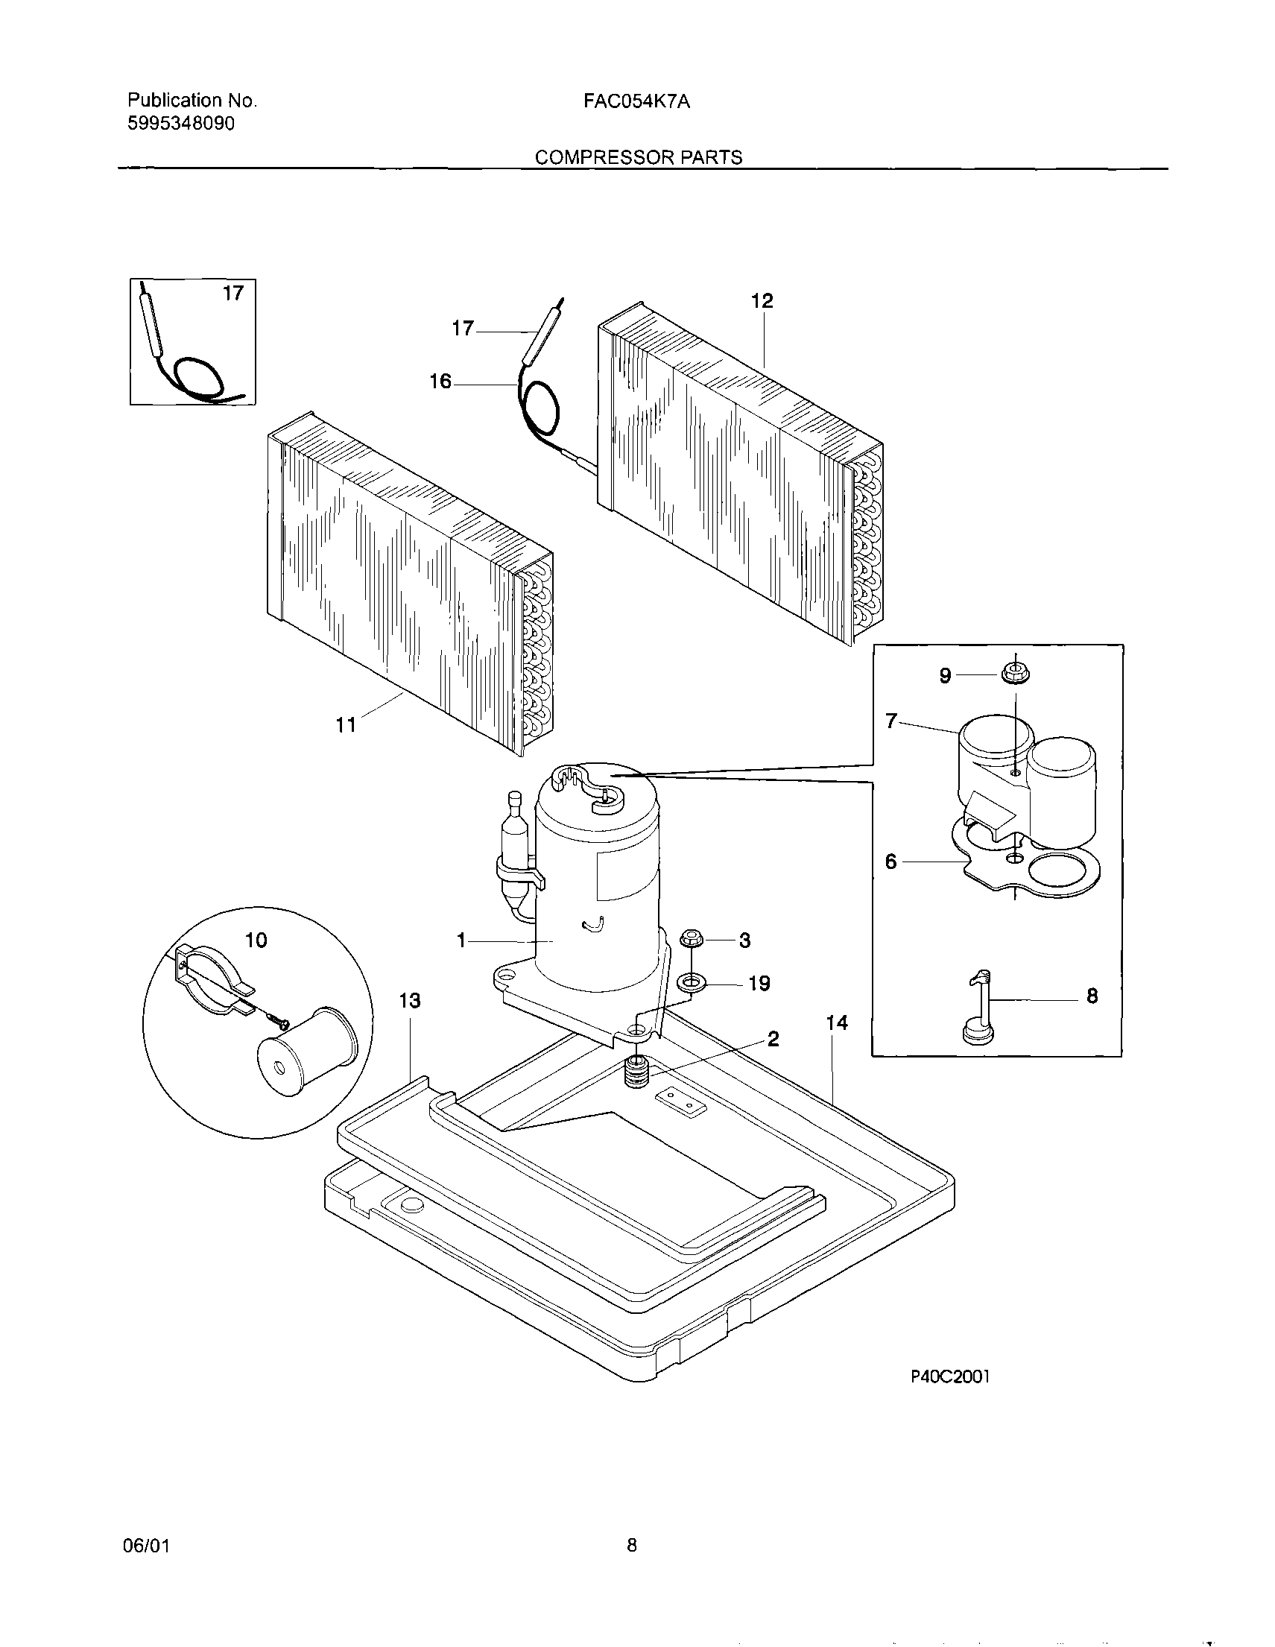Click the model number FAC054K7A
coord(636,101)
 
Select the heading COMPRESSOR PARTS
coord(638,157)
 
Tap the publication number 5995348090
coord(181,123)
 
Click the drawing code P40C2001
coord(949,1376)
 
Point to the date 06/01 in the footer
coord(145,1546)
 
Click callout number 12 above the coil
coord(762,301)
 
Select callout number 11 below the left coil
coord(345,725)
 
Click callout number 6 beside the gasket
coord(891,862)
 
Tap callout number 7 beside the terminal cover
coord(891,721)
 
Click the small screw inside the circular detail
coord(279,1022)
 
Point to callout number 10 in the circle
coord(256,940)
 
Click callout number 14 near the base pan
coord(837,1022)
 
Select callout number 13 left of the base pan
coord(409,1001)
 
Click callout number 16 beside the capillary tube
coord(440,382)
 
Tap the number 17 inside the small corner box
coord(234,294)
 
